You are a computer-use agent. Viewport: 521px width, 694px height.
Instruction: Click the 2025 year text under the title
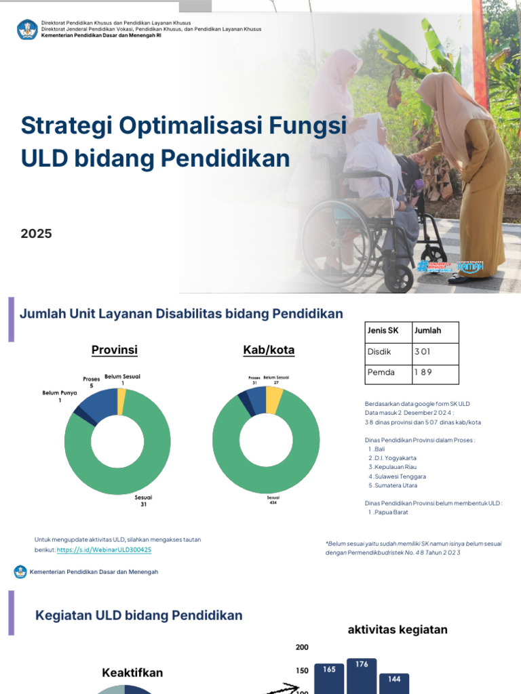[36, 234]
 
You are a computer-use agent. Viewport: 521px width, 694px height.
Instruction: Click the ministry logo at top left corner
[27, 29]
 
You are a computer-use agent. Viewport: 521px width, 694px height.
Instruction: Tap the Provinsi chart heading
[115, 350]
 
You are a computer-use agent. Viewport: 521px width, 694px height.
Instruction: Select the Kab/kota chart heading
[269, 350]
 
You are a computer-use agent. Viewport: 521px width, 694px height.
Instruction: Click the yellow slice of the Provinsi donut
[121, 401]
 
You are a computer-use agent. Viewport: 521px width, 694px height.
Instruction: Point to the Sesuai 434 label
[273, 500]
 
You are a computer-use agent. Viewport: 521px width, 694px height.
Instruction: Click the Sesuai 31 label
[143, 500]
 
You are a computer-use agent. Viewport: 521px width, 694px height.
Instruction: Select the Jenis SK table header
[383, 331]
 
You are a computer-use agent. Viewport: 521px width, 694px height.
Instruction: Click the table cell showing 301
[422, 352]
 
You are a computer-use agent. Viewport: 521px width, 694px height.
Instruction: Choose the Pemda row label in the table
[381, 372]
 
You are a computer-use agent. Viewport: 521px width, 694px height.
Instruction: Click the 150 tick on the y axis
[302, 670]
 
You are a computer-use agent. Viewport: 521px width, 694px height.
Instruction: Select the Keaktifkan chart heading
[132, 673]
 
